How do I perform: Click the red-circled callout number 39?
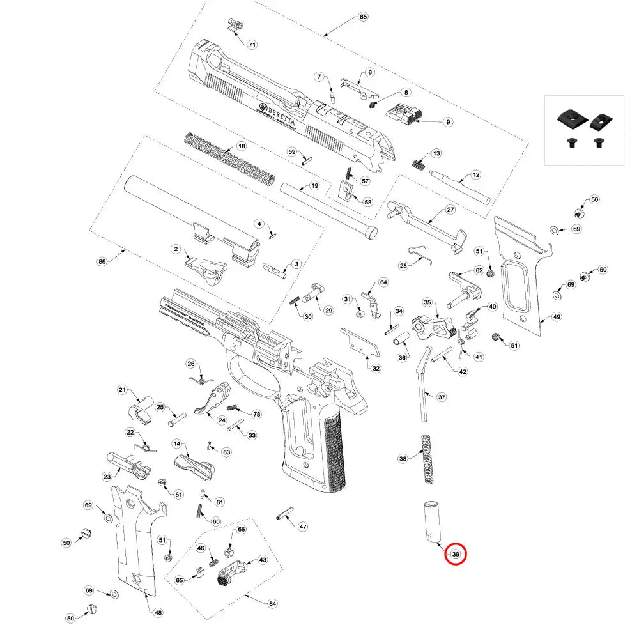click(456, 555)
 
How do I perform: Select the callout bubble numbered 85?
click(364, 16)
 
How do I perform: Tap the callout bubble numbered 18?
click(242, 146)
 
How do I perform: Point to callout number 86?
click(101, 261)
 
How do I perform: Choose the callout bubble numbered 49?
click(557, 317)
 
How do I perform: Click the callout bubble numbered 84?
click(273, 604)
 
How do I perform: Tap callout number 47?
click(303, 527)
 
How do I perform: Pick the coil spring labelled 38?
click(426, 459)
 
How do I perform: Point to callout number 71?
click(252, 45)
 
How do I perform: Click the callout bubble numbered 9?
click(448, 121)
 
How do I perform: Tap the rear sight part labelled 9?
click(404, 115)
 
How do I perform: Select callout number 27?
click(450, 210)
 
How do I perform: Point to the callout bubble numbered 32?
click(376, 368)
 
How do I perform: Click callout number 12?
click(475, 174)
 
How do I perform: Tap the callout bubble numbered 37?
click(442, 397)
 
